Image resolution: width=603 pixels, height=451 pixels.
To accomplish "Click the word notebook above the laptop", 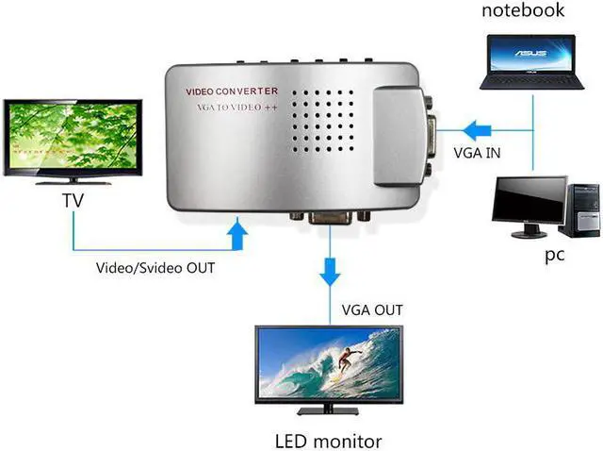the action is tap(523, 11).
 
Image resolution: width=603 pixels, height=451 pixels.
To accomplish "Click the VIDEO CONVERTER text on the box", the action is tap(232, 92).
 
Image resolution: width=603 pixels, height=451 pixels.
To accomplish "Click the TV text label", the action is tap(73, 200).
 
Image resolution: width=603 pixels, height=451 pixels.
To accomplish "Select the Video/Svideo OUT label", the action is tap(155, 267).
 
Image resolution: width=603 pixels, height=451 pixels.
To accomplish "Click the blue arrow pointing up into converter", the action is tap(237, 233).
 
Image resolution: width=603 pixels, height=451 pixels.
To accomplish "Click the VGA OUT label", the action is tap(372, 309).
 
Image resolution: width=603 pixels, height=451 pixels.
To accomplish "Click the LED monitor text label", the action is tap(328, 440).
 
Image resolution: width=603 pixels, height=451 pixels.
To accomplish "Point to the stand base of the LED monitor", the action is tap(327, 410).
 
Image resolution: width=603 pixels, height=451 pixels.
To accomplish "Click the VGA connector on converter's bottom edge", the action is tap(330, 218).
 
